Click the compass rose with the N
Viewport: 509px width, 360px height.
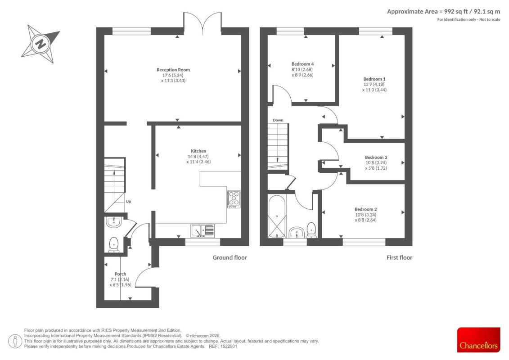point(41,44)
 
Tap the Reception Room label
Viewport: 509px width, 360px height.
point(173,69)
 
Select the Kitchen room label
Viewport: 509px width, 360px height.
point(198,151)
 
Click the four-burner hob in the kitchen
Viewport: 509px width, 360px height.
point(234,199)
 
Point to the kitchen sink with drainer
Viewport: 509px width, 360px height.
point(203,230)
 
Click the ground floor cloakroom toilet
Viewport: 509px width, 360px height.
point(113,244)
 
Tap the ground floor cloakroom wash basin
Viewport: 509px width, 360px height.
point(113,222)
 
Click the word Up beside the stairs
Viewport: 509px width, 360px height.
point(128,201)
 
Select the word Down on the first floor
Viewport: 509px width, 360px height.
point(278,120)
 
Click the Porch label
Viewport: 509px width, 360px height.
point(121,274)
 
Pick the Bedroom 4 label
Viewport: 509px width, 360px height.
point(302,64)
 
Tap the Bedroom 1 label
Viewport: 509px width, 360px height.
point(374,79)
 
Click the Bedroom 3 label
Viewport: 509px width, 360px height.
point(376,157)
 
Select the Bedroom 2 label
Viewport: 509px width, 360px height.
point(365,209)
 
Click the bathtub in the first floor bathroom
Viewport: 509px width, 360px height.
point(277,216)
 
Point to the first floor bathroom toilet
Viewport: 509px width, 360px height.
point(311,230)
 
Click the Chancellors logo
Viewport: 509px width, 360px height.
point(478,340)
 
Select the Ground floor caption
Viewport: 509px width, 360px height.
point(230,257)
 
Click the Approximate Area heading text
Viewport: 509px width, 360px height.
point(443,12)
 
